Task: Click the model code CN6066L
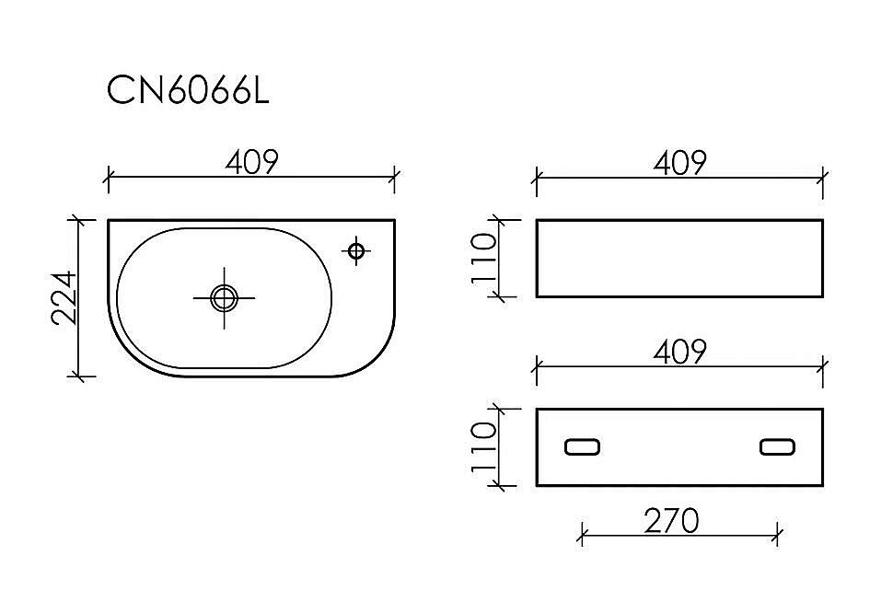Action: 188,90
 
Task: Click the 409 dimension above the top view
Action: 251,162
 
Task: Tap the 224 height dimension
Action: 64,297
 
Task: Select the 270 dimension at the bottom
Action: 671,521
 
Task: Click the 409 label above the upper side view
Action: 680,163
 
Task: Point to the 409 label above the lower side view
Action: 680,352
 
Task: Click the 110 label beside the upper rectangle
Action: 484,259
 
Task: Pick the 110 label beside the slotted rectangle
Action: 484,447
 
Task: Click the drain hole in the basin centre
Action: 224,298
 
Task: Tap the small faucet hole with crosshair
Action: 356,250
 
